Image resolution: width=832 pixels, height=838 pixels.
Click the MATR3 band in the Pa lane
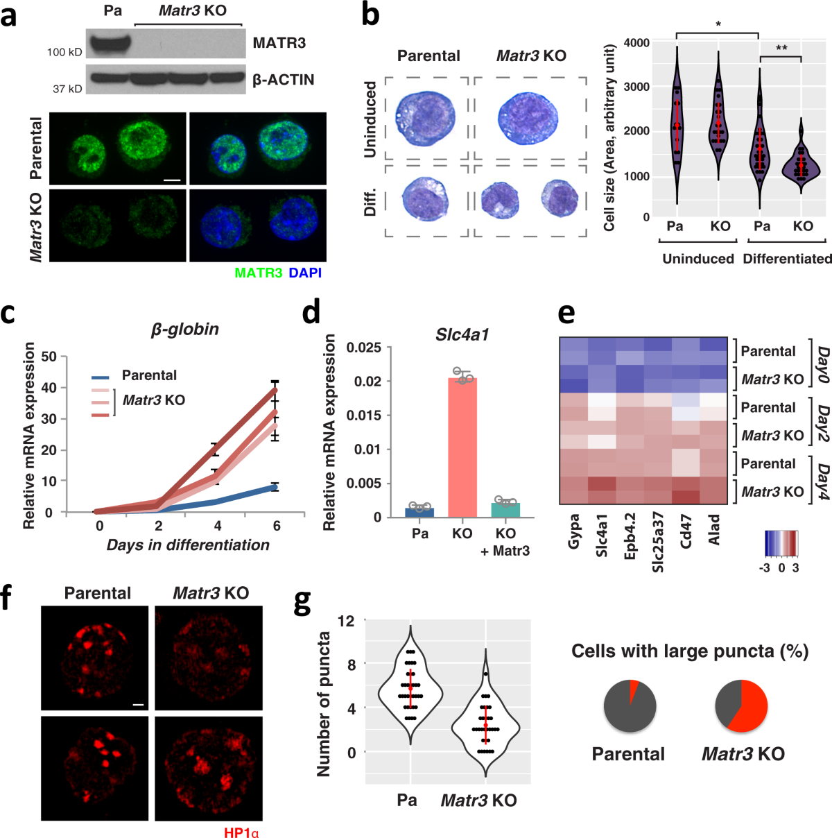[110, 43]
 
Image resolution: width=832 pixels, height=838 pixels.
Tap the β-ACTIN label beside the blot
[283, 80]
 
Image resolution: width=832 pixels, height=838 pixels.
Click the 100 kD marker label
[65, 52]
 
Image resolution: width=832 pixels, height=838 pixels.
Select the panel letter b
[370, 14]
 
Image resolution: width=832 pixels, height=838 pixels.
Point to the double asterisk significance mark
[781, 49]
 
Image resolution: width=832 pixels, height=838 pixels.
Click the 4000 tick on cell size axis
[636, 43]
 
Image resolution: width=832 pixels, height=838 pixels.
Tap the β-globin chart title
[184, 330]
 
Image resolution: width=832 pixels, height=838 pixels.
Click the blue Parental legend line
[101, 377]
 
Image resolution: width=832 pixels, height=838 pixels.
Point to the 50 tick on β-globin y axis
[49, 357]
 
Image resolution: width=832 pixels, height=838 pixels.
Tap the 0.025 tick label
[364, 348]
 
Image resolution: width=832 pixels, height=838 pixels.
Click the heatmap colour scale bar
[781, 545]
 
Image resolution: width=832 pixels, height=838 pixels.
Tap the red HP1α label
[241, 832]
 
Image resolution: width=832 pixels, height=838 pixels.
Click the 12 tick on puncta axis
[346, 621]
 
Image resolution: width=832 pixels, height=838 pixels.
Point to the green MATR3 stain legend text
[258, 273]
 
